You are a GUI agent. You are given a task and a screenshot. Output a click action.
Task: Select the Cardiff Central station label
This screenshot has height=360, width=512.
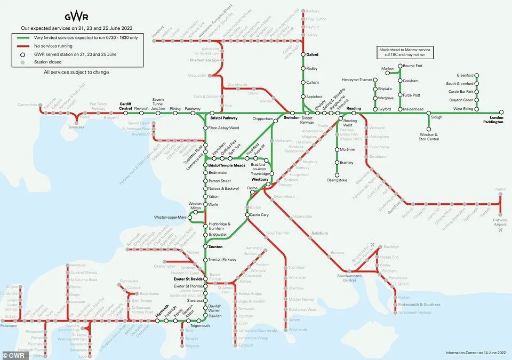point(125,106)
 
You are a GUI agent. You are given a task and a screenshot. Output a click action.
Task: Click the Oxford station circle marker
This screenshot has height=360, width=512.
point(303,54)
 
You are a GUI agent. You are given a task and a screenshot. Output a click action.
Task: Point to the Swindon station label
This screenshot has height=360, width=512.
point(292,117)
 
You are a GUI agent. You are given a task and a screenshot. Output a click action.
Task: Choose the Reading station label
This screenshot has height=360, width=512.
point(354,108)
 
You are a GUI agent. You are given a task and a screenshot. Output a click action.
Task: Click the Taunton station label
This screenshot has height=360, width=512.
point(216,247)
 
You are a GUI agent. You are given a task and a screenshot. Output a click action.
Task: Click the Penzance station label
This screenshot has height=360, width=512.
point(9,325)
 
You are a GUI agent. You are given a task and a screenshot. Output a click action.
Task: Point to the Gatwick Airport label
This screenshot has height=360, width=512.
point(500,222)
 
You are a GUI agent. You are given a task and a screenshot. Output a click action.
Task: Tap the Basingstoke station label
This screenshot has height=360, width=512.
point(337,180)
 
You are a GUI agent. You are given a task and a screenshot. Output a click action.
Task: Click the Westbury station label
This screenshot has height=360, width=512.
point(260,180)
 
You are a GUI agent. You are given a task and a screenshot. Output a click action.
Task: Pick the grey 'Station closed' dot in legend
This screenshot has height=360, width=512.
point(22,62)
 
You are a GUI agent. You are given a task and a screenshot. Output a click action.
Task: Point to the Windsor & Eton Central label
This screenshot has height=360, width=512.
point(429,137)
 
